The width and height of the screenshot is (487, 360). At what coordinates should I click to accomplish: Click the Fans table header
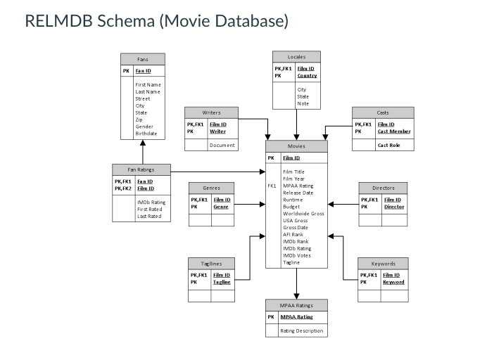pos(143,59)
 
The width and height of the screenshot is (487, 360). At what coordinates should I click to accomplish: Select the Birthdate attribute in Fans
pos(147,134)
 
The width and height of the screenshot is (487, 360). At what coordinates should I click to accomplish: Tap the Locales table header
pos(296,56)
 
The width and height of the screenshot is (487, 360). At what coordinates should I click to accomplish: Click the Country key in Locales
pos(307,75)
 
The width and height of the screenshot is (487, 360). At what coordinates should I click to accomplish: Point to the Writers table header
pos(211,112)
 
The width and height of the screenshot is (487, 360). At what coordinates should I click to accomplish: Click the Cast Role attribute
pos(389,145)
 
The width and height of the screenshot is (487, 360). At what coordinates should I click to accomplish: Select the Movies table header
pos(296,146)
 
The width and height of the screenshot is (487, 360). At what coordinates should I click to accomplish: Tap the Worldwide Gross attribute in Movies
pos(303,214)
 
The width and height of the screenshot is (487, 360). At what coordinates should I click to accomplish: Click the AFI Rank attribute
pos(293,234)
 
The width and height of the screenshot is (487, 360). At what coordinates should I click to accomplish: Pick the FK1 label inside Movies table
pos(272,186)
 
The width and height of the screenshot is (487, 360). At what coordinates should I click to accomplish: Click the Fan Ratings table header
pos(142,169)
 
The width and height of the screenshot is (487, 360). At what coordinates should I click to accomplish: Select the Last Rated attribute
pos(149,217)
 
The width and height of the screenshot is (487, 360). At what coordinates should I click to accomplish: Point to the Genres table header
pos(211,188)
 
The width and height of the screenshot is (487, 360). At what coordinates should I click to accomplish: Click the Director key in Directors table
pos(393,207)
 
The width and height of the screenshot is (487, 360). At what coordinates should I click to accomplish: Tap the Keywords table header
pos(382,264)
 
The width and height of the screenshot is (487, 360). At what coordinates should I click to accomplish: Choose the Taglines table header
pos(211,264)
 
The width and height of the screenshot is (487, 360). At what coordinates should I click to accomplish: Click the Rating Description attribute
pos(302,330)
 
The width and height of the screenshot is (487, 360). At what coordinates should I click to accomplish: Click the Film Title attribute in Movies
pos(293,172)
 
